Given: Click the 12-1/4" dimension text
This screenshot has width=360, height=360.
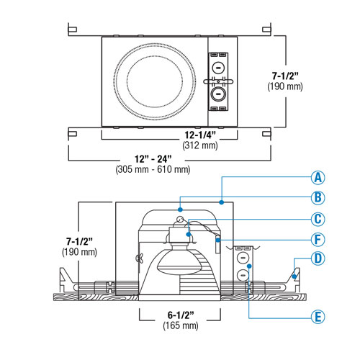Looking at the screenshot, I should [200, 134].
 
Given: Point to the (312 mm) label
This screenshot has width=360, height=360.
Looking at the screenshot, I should [200, 145].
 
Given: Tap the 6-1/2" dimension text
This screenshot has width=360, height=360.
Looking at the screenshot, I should [180, 315].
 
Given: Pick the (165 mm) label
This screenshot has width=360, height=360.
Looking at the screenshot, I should [180, 326].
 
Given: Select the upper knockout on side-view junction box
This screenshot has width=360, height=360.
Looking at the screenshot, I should [243, 256].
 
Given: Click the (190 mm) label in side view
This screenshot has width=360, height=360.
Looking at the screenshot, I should [78, 252].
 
